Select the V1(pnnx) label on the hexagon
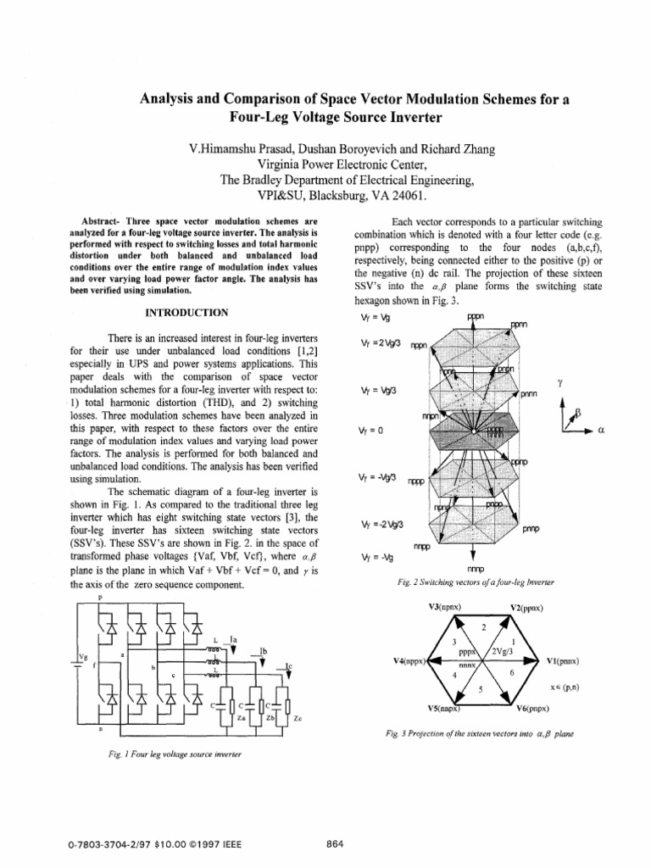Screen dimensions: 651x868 coord(563,660)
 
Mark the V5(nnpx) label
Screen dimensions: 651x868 coord(443,708)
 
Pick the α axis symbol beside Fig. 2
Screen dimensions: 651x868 coord(600,431)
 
